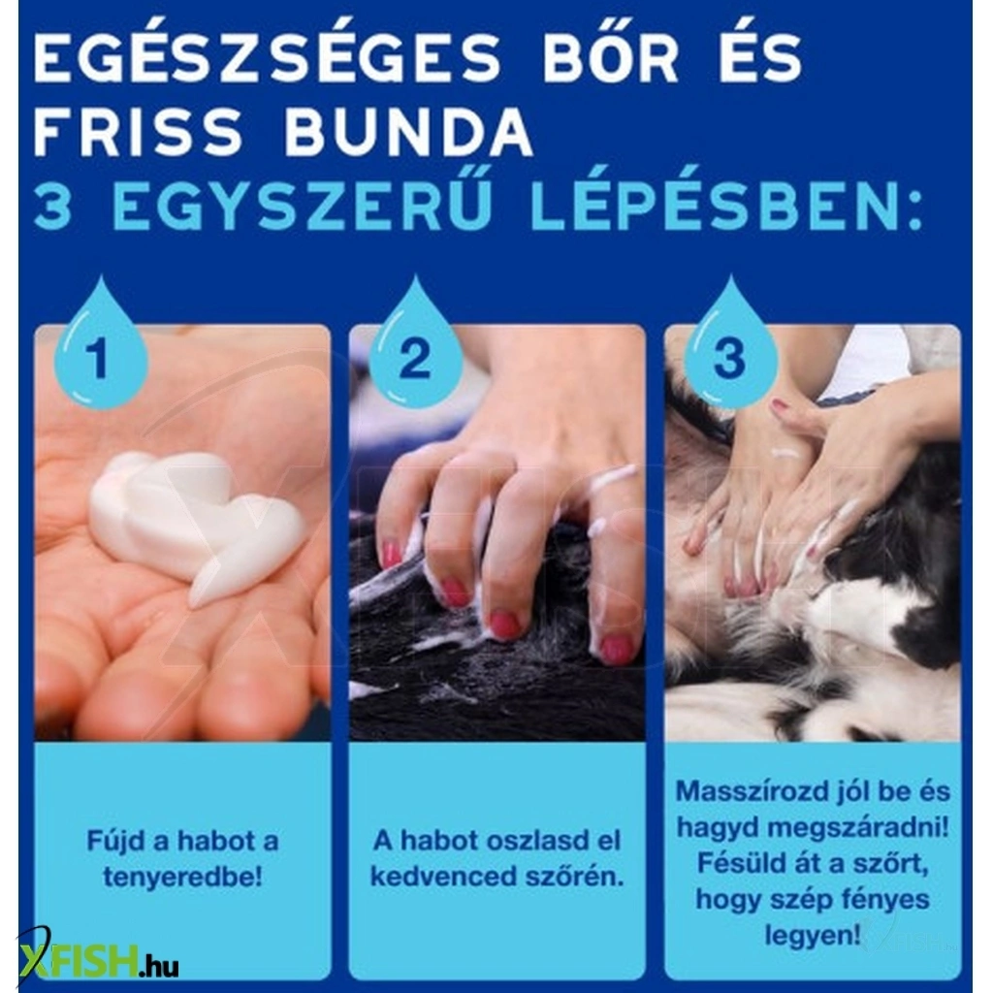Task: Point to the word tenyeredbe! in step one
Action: [182, 878]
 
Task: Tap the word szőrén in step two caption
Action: [574, 877]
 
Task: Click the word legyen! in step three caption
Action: [813, 936]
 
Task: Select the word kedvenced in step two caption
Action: [443, 877]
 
